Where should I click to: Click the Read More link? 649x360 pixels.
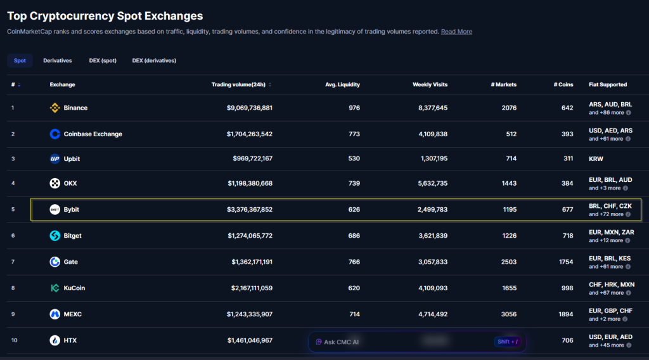(456, 32)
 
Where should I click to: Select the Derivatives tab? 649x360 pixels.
(58, 61)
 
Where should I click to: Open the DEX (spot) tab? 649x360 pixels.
(103, 61)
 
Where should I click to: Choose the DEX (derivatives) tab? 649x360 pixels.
(154, 61)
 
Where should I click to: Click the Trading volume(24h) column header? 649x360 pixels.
(238, 84)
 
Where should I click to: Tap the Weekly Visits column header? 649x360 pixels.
(430, 84)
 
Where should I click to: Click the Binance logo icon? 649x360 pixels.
(55, 108)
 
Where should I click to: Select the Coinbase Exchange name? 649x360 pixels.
(93, 134)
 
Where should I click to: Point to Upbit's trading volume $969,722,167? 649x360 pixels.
(250, 158)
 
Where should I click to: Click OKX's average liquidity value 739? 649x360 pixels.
(354, 183)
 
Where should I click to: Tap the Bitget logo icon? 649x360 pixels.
(55, 236)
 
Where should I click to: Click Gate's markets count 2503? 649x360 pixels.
(508, 262)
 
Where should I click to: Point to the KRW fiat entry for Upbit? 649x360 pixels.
(596, 158)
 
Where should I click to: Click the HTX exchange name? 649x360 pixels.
(70, 340)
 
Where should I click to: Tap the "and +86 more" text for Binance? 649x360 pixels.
(606, 113)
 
